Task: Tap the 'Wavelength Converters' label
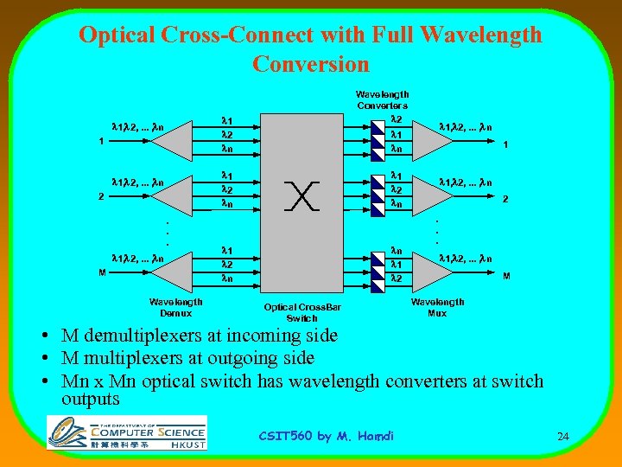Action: pos(382,99)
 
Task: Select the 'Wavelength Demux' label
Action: pos(176,307)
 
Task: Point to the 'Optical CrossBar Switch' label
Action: pos(302,312)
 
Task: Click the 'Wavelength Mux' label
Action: pos(437,307)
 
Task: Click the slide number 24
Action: pos(562,437)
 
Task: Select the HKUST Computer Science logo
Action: pos(127,432)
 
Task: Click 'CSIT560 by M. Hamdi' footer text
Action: pos(326,436)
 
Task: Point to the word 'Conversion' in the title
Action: pos(310,64)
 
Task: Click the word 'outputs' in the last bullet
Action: pos(90,399)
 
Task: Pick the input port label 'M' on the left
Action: pos(102,273)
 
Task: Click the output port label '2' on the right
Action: pos(506,199)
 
